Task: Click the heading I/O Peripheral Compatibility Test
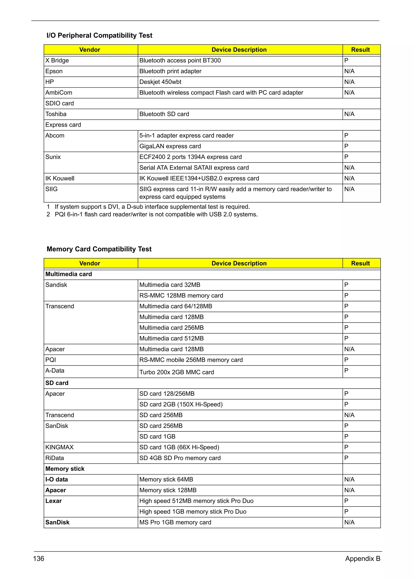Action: pyautogui.click(x=99, y=35)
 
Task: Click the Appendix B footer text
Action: pyautogui.click(x=362, y=559)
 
